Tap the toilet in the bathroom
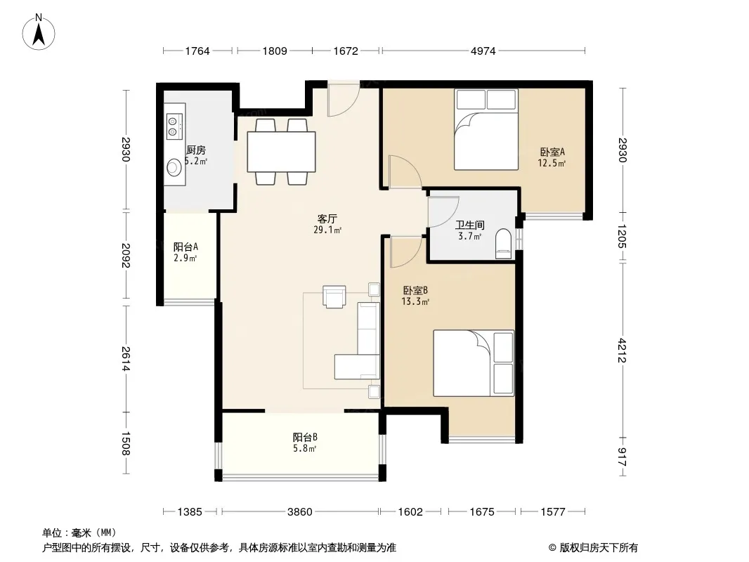(x=504, y=244)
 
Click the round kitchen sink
(x=174, y=168)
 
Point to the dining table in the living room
(x=281, y=151)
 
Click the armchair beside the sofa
(x=334, y=296)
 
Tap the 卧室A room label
(x=552, y=152)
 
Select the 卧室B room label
(x=415, y=290)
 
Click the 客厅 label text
(x=327, y=218)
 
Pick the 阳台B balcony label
(x=305, y=437)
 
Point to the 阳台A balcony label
(x=185, y=247)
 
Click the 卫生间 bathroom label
(x=469, y=225)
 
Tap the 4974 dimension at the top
(x=483, y=51)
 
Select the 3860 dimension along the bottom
(x=299, y=512)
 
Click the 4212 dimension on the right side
(x=622, y=350)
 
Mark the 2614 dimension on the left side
(x=126, y=358)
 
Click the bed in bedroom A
(x=486, y=129)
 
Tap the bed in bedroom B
(x=474, y=363)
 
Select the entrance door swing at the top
(x=344, y=100)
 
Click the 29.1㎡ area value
(x=327, y=230)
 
